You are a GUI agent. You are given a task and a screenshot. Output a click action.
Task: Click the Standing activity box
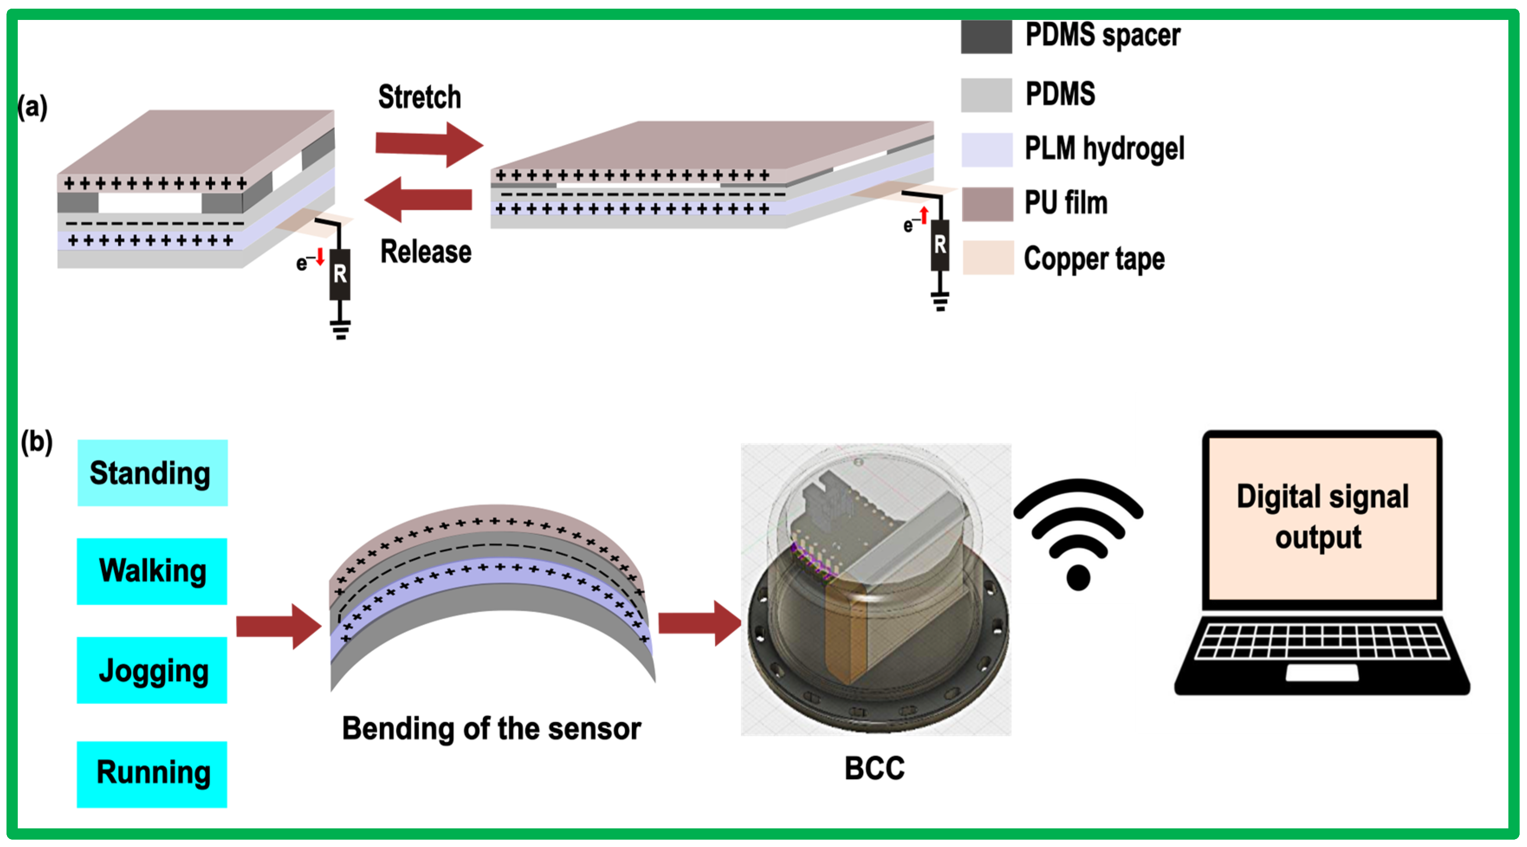tap(152, 473)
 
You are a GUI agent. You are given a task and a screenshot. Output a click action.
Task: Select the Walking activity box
tap(152, 571)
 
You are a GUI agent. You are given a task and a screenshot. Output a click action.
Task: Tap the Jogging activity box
tap(152, 670)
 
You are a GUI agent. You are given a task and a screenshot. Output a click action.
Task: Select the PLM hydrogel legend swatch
tap(987, 149)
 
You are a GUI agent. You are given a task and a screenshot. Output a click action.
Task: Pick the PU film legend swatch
tap(987, 204)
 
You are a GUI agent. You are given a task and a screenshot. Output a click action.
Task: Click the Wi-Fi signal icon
tap(1077, 534)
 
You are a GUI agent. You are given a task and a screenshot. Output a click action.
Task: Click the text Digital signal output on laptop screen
tap(1322, 516)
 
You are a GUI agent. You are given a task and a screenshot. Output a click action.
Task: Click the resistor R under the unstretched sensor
tap(340, 274)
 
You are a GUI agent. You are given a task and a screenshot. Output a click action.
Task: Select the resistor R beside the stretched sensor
tap(940, 244)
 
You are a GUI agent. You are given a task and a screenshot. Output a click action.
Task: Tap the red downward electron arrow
tap(320, 257)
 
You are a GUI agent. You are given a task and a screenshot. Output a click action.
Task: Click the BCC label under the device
tap(874, 768)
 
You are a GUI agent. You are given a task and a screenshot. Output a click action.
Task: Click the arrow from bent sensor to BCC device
tap(699, 623)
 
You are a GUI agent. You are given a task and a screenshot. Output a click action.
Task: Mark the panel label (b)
tap(37, 441)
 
